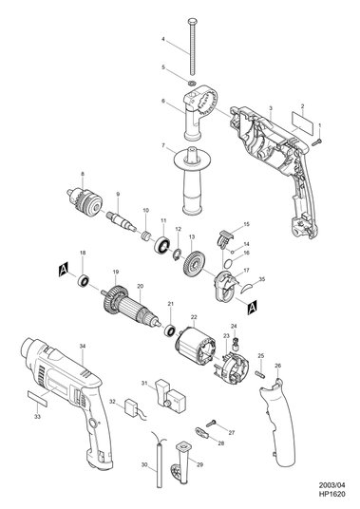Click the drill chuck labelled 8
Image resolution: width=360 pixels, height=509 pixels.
pos(84,201)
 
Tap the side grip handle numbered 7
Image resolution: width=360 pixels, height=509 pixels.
pos(193,180)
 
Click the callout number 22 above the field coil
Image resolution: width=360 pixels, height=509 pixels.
pos(194,317)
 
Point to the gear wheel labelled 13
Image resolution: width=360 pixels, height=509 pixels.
pos(195,266)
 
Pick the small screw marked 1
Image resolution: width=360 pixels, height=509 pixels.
pos(316,142)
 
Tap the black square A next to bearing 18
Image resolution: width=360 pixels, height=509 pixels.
pos(64,270)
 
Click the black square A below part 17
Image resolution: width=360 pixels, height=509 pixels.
pos(252,308)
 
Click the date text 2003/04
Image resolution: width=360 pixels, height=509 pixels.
pos(332,495)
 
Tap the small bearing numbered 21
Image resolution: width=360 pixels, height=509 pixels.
pos(170,330)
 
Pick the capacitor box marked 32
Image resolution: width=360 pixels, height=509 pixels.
pos(133,406)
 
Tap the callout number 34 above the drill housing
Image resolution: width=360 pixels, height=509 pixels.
pos(83,347)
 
